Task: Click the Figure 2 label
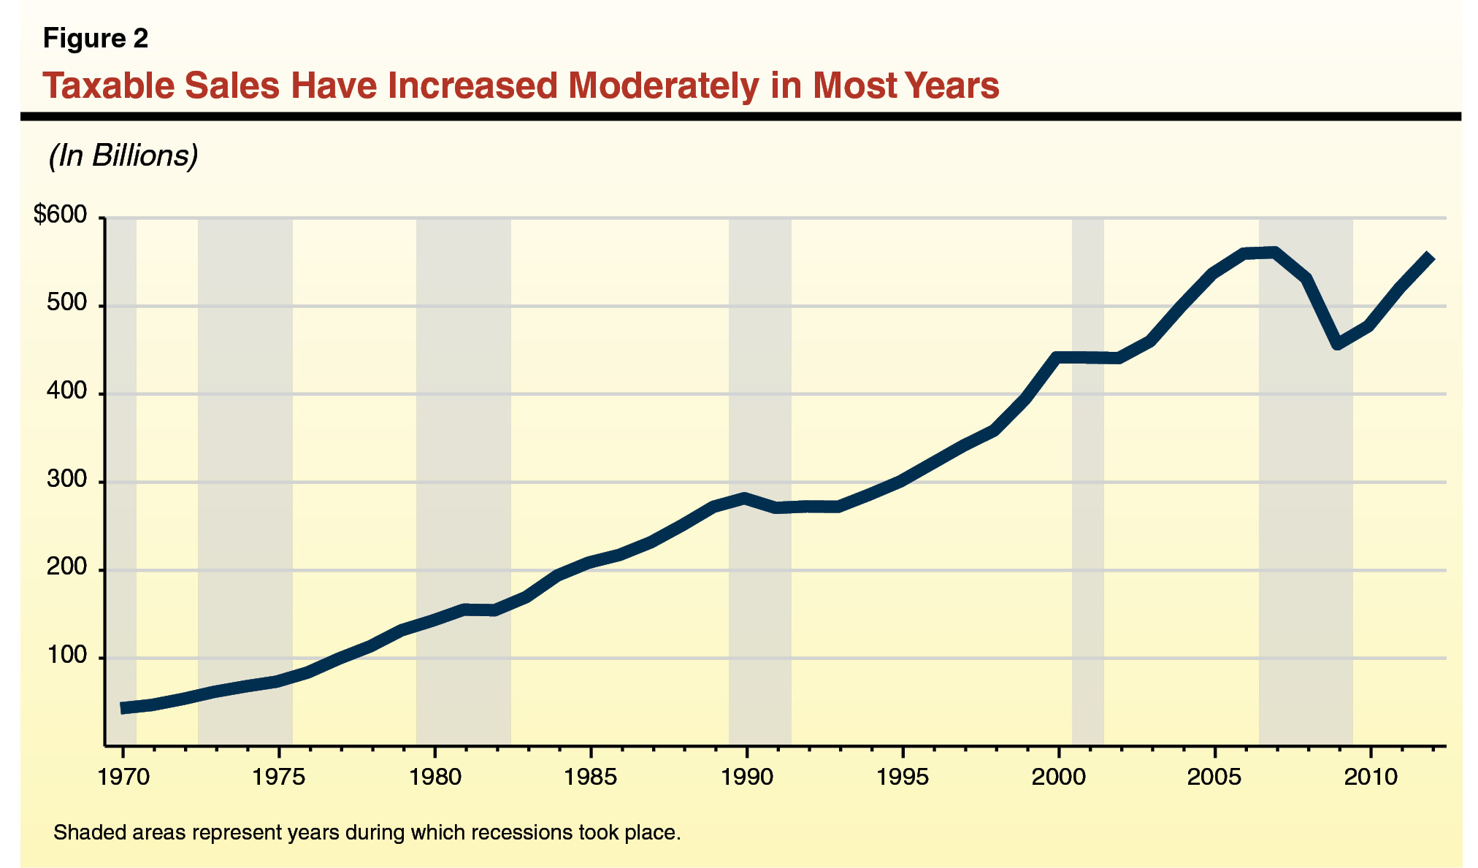(x=96, y=38)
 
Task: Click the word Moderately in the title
(x=664, y=86)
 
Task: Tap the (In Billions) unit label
(x=123, y=155)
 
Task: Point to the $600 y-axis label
(x=60, y=215)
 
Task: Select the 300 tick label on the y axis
(x=66, y=480)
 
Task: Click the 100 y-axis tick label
(x=66, y=656)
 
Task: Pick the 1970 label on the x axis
(x=123, y=777)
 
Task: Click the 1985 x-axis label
(x=590, y=777)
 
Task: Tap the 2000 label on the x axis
(x=1058, y=777)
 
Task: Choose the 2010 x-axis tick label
(x=1371, y=777)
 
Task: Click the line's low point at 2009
(x=1338, y=343)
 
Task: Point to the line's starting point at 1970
(x=124, y=707)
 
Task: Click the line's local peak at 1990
(x=745, y=499)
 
